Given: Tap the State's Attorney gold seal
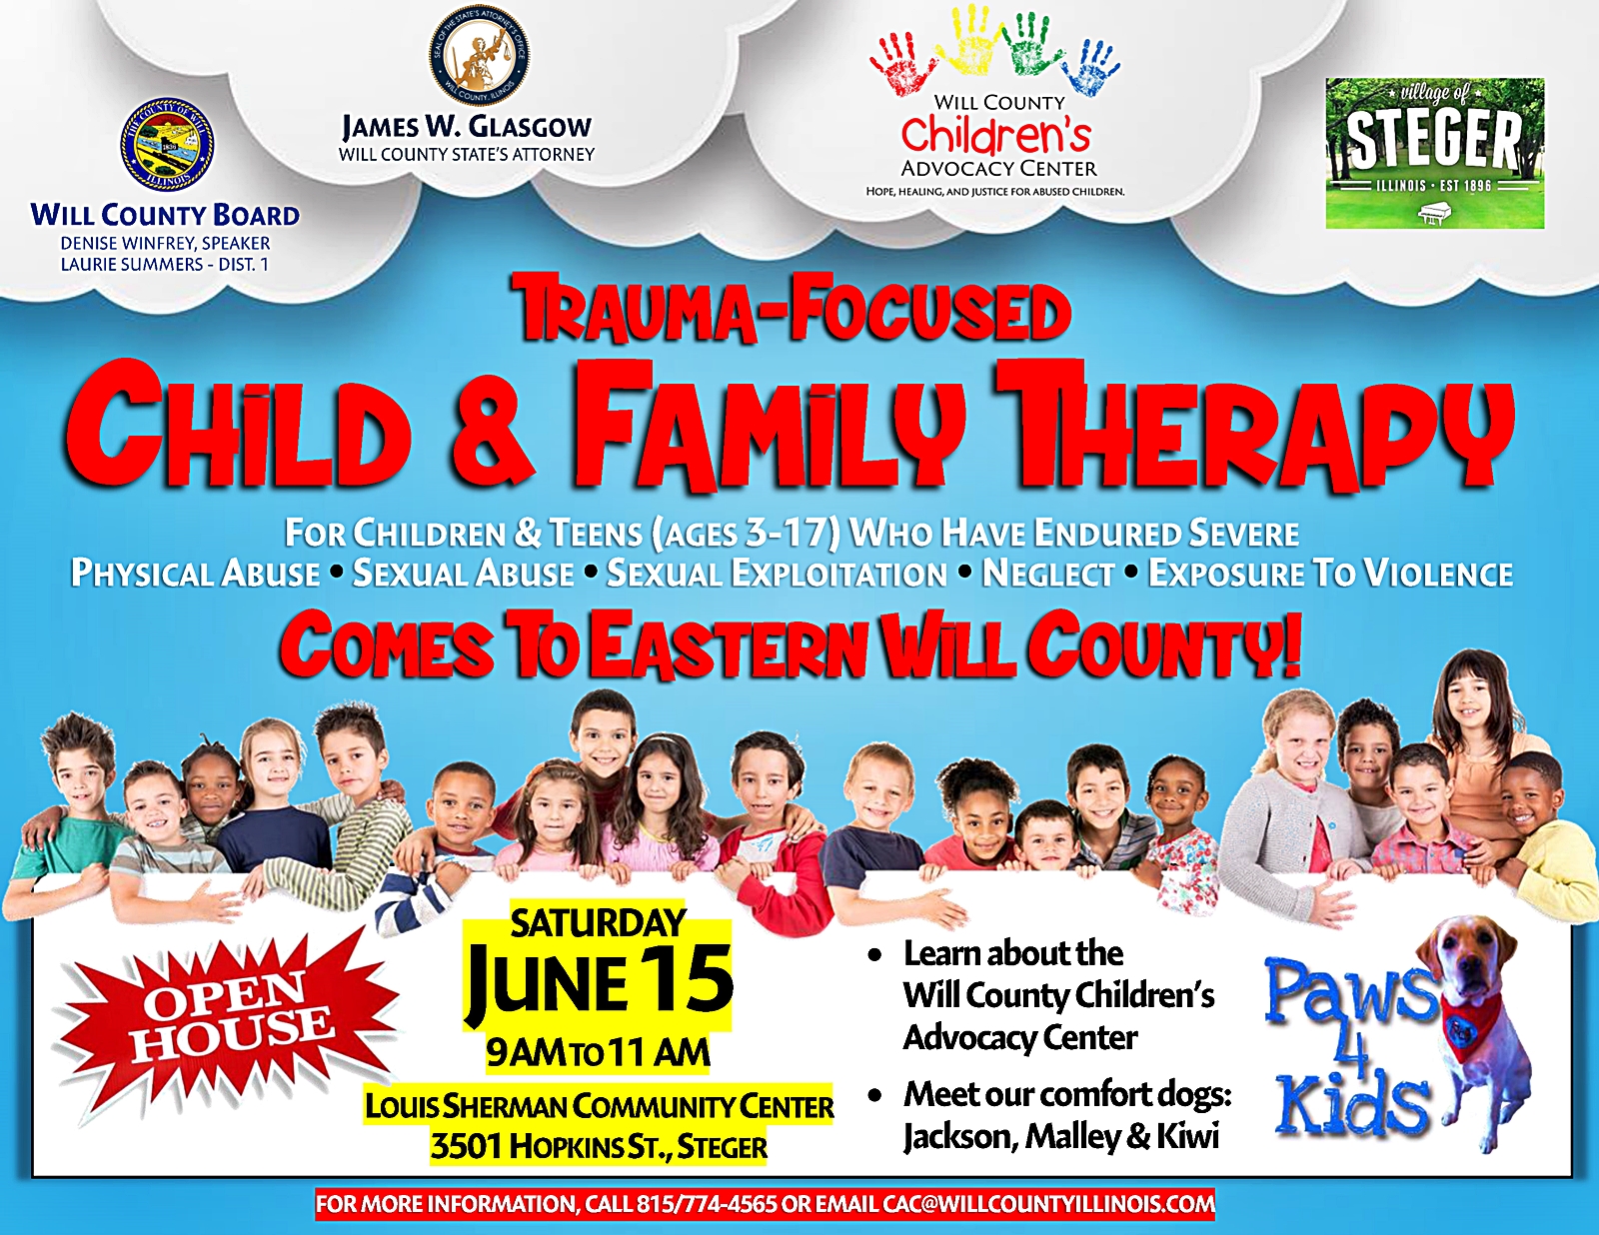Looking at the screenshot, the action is [x=479, y=54].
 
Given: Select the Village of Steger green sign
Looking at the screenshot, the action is [x=1435, y=153].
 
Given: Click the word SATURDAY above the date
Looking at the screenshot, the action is [x=598, y=923].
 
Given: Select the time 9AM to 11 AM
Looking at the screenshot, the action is [x=598, y=1053].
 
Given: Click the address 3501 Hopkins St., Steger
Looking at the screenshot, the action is [x=599, y=1146].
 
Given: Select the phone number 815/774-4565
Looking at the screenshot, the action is [x=707, y=1204].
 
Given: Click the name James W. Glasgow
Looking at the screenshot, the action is [x=467, y=127].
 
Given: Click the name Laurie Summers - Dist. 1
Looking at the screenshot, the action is [x=165, y=264].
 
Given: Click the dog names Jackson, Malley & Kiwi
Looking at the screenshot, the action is [x=1061, y=1136].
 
